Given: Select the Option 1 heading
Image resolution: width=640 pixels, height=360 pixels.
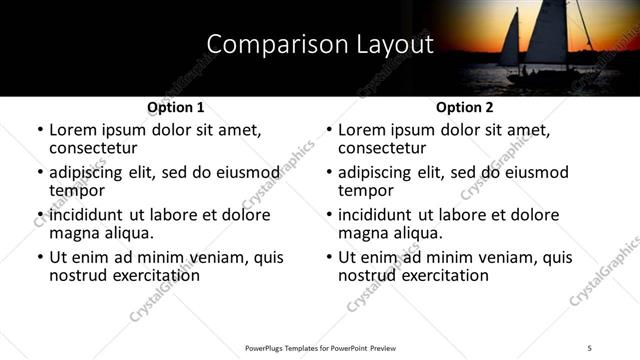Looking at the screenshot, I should tap(176, 107).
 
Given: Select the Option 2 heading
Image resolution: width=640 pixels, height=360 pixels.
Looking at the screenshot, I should tap(465, 107).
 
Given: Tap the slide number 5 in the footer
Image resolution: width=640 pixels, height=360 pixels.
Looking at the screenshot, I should tap(590, 346).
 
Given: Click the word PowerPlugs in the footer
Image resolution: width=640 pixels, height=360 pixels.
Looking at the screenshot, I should tap(266, 346).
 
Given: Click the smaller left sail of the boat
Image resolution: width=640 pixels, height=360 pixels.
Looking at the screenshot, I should tap(510, 40).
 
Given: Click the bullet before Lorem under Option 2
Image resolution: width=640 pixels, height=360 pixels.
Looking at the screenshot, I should tap(329, 131).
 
